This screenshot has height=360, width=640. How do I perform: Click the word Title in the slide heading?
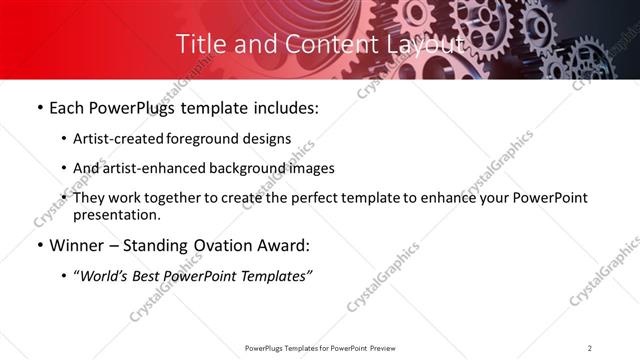pos(198,44)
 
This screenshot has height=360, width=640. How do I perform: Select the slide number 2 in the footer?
pos(590,347)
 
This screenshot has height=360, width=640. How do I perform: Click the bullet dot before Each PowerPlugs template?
pos(38,108)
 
